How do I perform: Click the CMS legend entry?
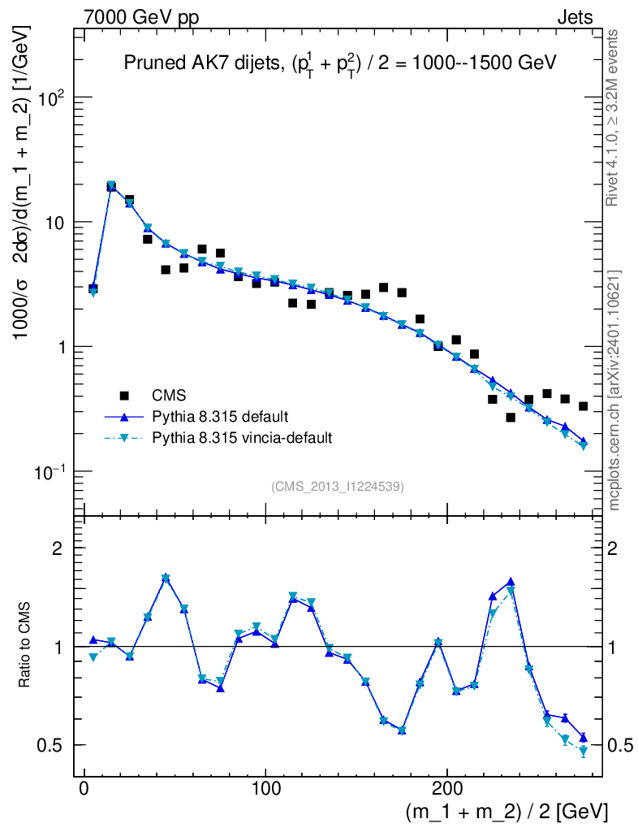(169, 396)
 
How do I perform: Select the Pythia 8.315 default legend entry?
(219, 417)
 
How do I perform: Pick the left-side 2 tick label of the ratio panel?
(57, 548)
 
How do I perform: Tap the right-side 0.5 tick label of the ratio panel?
(623, 746)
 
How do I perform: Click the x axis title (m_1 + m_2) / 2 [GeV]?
(506, 812)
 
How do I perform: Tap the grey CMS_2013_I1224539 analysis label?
(338, 487)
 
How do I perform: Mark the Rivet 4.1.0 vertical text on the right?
(614, 119)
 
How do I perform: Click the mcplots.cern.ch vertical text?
(614, 389)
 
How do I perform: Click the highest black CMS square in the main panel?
(111, 187)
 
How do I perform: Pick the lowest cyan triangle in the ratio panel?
(583, 752)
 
